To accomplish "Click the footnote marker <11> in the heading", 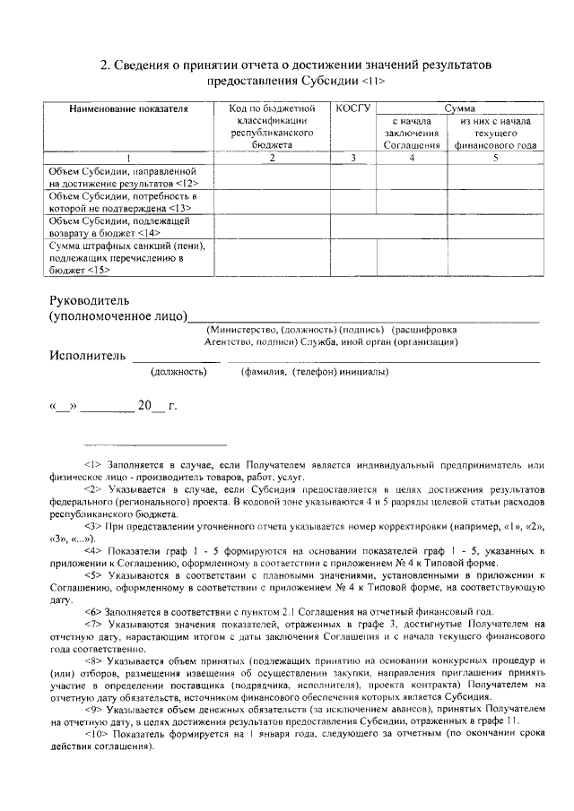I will (375, 81).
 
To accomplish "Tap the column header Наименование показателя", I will (128, 108).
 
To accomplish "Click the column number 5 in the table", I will (495, 158).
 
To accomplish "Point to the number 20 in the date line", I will (144, 405).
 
